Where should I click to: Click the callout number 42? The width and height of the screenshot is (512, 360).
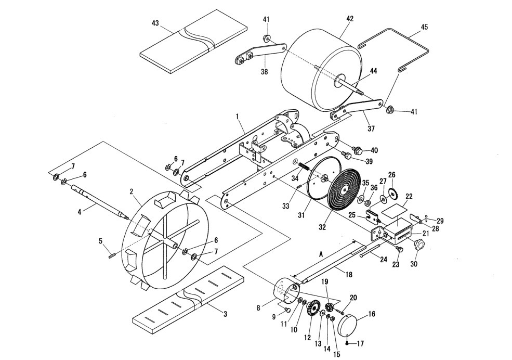[x=349, y=18]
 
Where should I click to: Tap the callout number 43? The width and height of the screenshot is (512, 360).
[x=155, y=23]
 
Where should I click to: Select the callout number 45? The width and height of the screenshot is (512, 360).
[x=424, y=27]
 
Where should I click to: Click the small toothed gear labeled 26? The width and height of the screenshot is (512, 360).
[x=392, y=193]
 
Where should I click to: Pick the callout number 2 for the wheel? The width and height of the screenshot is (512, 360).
[x=131, y=191]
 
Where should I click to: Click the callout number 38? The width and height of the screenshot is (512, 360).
[x=264, y=72]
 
